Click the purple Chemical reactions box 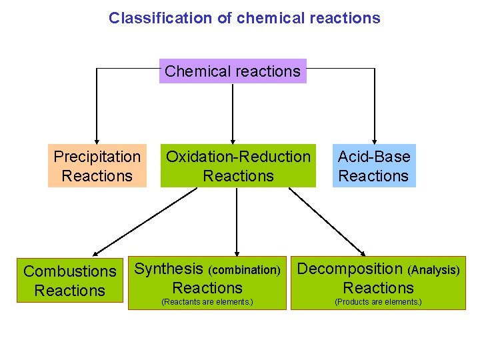click(x=233, y=71)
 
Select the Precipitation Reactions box click(x=97, y=166)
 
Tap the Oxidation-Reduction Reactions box click(x=238, y=166)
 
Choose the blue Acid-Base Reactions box click(x=373, y=166)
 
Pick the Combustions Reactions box click(x=70, y=281)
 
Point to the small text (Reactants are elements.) click(x=207, y=302)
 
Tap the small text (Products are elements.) click(x=378, y=302)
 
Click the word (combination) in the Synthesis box click(x=245, y=270)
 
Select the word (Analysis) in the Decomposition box click(x=433, y=270)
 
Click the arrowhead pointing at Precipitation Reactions click(x=97, y=140)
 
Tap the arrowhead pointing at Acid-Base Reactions click(x=374, y=140)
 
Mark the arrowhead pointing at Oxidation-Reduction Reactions click(x=233, y=140)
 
